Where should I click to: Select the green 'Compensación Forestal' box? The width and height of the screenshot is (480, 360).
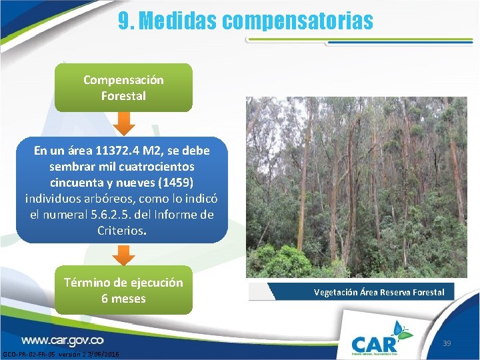[123, 87]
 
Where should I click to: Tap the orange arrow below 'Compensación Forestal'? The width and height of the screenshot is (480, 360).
[123, 122]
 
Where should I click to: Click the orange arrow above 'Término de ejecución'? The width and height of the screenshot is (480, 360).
[123, 255]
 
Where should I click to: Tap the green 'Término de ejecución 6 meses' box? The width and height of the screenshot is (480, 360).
[123, 290]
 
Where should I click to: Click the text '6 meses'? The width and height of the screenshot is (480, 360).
[123, 299]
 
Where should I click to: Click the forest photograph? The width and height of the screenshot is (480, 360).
[356, 187]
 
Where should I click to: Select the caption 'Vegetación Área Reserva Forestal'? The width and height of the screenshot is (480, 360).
[380, 292]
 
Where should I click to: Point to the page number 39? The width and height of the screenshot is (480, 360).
[447, 343]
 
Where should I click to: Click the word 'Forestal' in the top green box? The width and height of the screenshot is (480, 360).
[123, 96]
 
